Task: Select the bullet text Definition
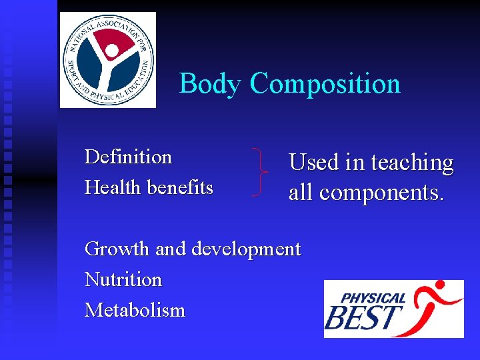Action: (128, 157)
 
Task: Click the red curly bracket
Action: (261, 172)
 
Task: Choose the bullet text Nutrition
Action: (123, 279)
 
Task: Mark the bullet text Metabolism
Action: (135, 310)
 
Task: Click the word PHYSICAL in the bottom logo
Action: (373, 299)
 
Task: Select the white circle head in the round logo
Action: (113, 51)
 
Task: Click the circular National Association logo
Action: (108, 60)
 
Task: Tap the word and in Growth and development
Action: (171, 249)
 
